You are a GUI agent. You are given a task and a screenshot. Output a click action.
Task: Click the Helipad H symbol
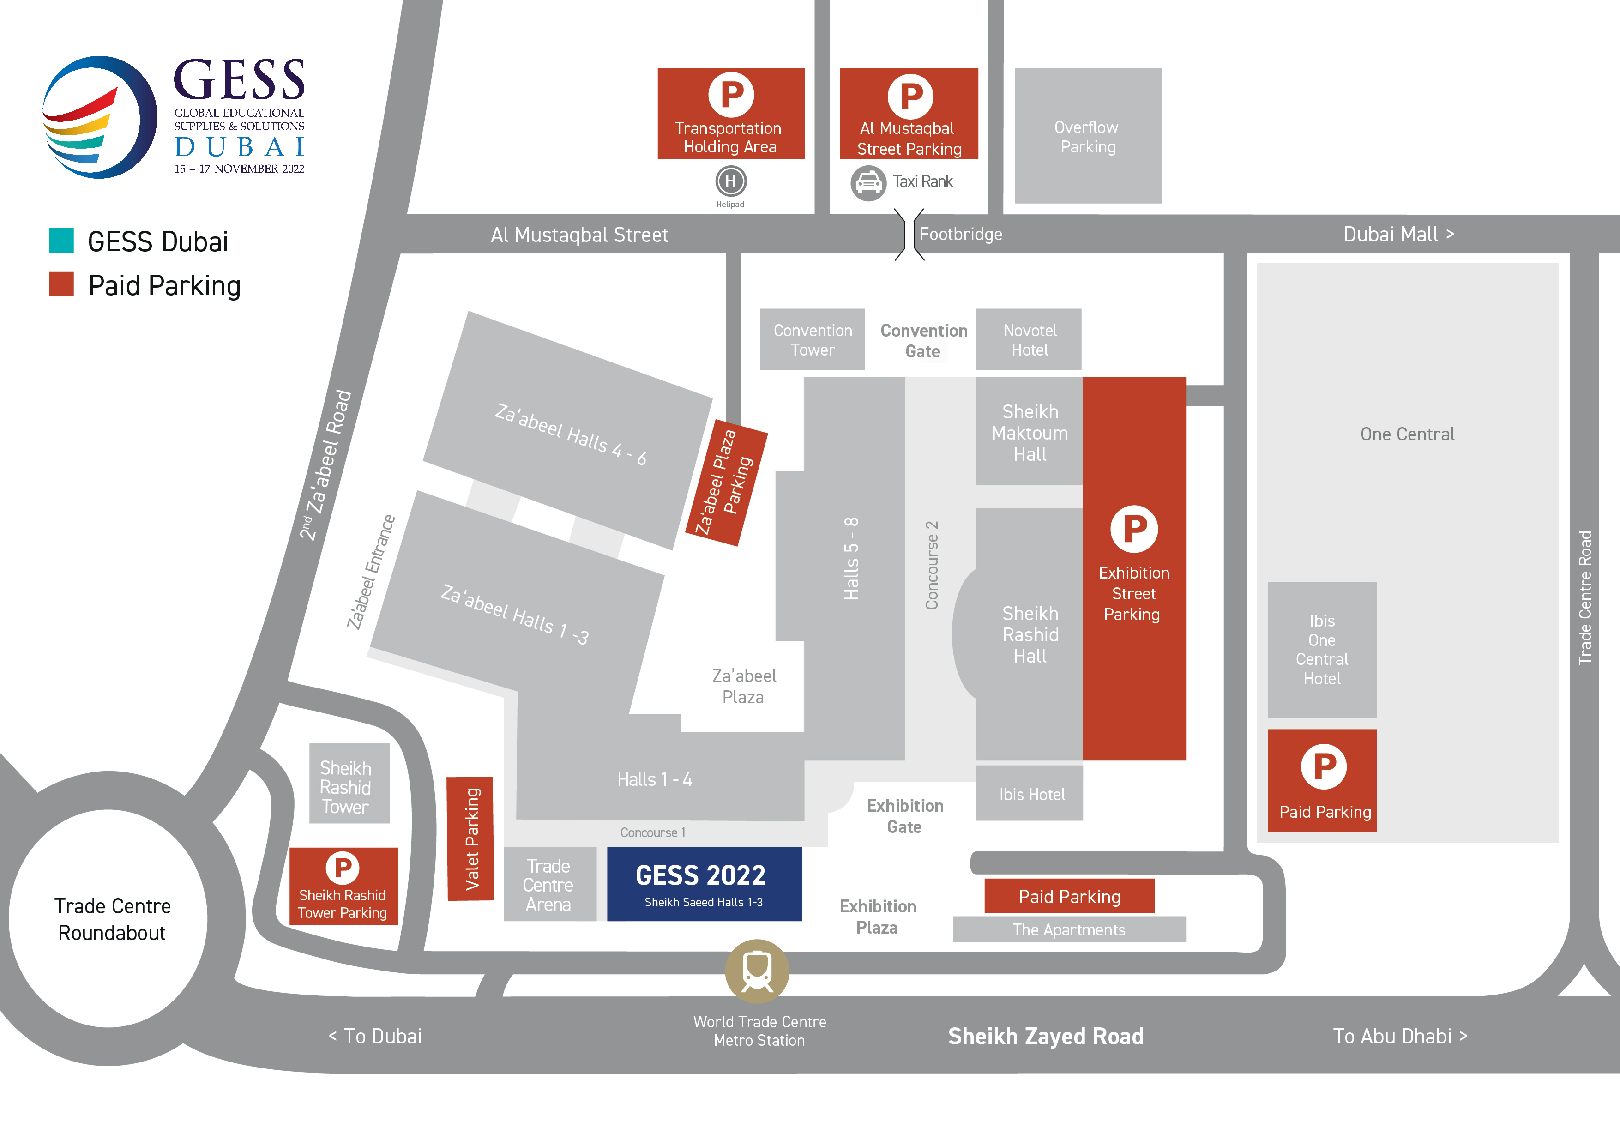click(730, 181)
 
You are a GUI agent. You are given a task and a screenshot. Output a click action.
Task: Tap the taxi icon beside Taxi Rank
click(868, 183)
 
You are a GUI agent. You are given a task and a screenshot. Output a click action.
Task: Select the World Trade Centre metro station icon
click(757, 971)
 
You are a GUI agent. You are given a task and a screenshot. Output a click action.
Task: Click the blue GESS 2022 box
click(704, 883)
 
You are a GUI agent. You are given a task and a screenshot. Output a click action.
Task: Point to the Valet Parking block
click(470, 838)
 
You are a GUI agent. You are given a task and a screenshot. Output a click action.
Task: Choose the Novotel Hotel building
click(1029, 339)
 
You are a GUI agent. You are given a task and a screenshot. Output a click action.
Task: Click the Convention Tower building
click(812, 339)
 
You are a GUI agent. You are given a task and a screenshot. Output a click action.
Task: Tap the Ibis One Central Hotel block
click(1322, 649)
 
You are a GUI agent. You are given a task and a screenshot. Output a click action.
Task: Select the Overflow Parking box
click(1087, 136)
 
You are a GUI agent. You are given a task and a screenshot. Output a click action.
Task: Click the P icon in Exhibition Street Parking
click(1134, 529)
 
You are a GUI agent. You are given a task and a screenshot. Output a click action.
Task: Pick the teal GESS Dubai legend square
click(61, 240)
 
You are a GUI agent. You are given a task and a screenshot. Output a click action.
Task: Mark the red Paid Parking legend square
click(61, 284)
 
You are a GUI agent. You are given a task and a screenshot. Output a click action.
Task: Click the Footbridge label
click(960, 234)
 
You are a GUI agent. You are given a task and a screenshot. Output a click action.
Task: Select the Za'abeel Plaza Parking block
click(726, 483)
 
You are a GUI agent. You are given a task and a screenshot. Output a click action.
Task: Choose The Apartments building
click(1069, 929)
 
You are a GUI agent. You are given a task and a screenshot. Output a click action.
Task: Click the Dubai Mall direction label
click(1398, 234)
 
